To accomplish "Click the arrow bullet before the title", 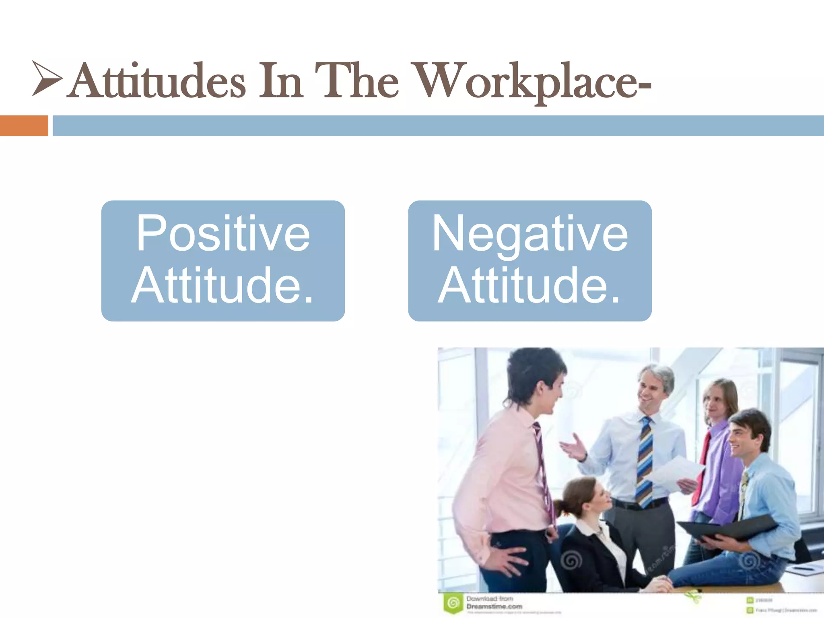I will point(47,78).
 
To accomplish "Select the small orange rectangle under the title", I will point(24,126).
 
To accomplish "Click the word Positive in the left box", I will point(223,233).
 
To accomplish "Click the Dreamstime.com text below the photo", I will point(494,606).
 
